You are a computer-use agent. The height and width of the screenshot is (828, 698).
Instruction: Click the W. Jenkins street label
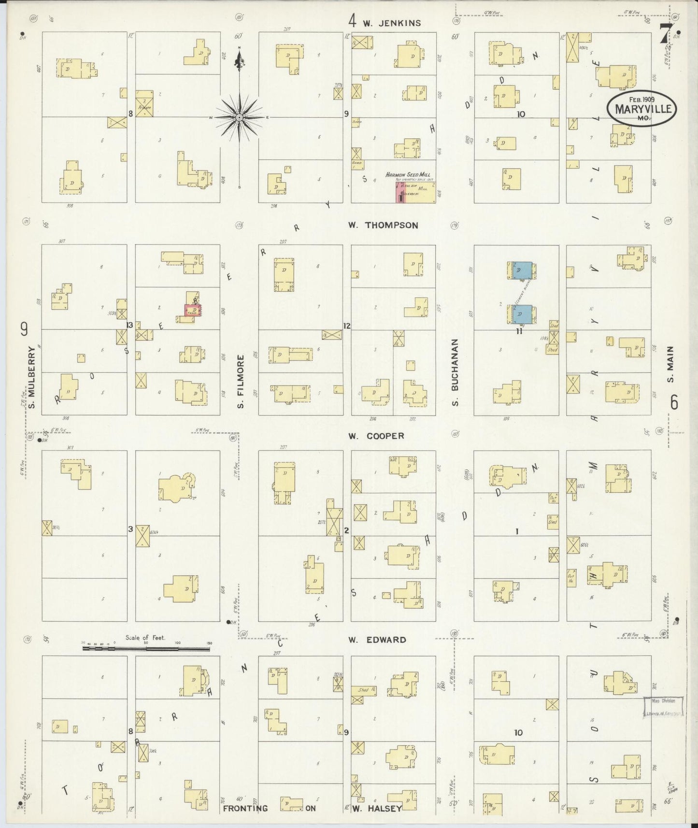392,23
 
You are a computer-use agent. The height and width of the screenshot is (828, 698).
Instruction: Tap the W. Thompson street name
383,225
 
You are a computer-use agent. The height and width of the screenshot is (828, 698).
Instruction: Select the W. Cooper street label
376,436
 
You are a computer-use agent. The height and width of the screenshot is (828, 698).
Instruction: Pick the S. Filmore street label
240,381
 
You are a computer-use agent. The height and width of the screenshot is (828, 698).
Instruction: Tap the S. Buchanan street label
455,372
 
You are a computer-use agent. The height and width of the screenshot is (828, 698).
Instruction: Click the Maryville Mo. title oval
642,109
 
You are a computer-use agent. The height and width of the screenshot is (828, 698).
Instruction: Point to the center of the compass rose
239,117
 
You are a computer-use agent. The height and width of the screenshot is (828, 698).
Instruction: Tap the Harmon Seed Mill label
408,174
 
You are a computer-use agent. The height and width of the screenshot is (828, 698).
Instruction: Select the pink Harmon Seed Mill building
400,193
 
